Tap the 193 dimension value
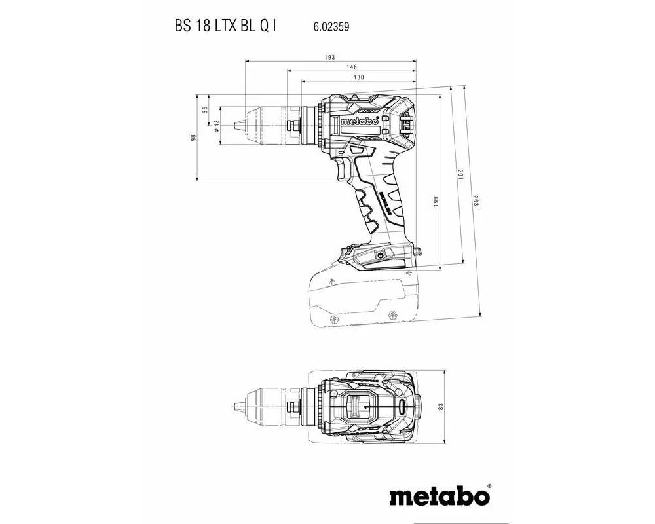pyautogui.click(x=331, y=57)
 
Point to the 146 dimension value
pyautogui.click(x=352, y=67)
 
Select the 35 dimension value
pyautogui.click(x=205, y=110)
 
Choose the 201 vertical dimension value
pyautogui.click(x=460, y=176)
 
